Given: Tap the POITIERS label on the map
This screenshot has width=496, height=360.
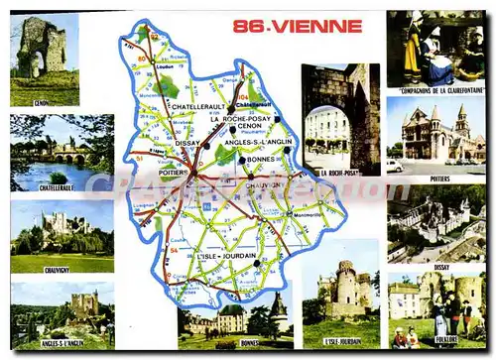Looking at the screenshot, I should click(174, 171).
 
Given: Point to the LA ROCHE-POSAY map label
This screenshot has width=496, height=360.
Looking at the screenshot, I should click(239, 118).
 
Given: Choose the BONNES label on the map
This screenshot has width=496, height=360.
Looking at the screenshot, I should click(260, 159).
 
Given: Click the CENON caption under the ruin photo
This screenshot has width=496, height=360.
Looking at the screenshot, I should click(41, 101).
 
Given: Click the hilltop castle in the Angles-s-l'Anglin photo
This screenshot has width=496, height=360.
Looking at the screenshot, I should click(84, 303).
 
